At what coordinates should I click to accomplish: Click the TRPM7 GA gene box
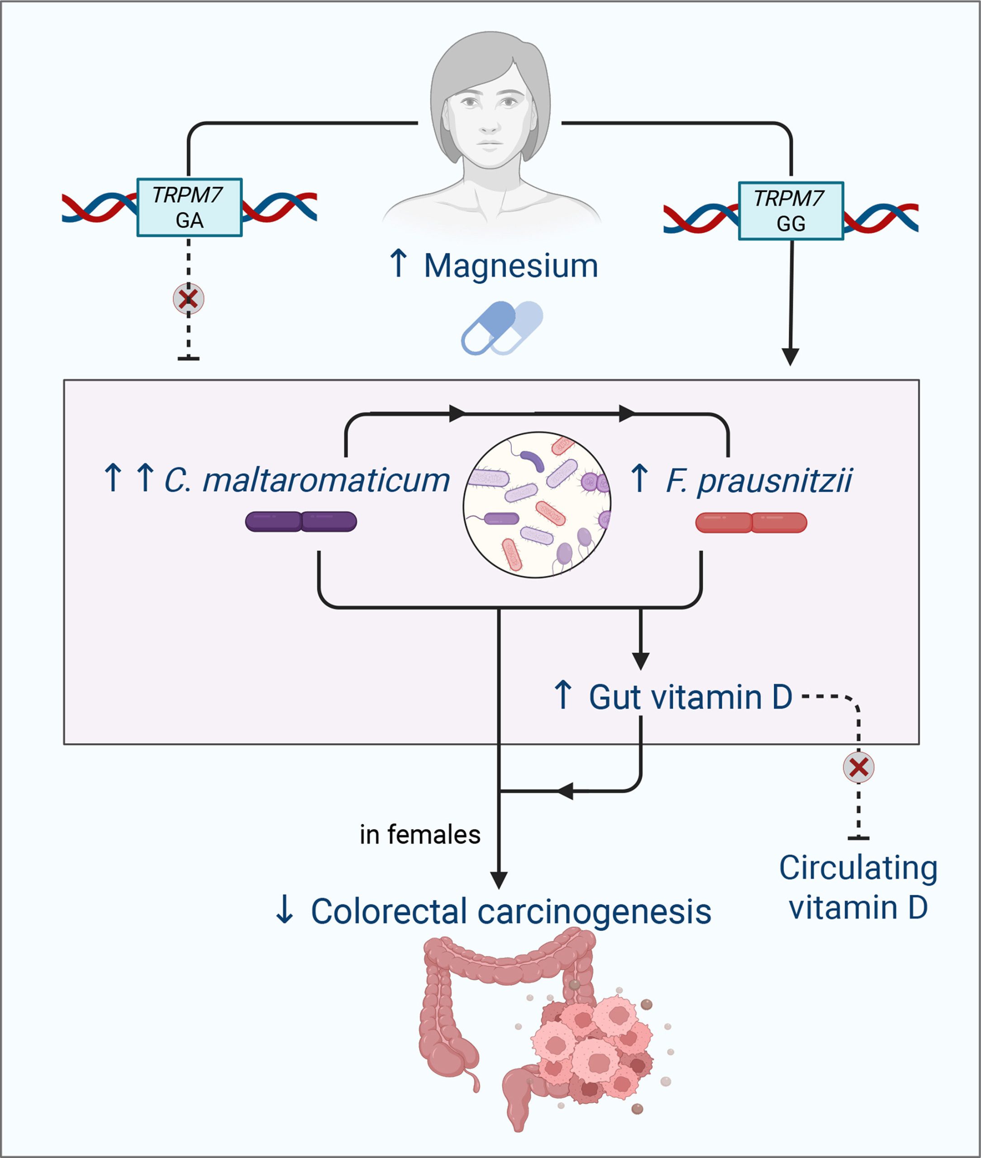[x=189, y=207]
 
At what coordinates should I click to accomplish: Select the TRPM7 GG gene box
[x=790, y=211]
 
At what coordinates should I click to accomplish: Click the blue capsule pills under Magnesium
[x=502, y=328]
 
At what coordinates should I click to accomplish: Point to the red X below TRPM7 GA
[x=189, y=299]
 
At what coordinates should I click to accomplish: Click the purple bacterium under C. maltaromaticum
[x=301, y=522]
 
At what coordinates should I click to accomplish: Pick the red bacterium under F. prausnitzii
[x=751, y=522]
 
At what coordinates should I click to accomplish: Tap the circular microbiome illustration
[x=537, y=505]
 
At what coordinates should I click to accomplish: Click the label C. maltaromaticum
[x=306, y=480]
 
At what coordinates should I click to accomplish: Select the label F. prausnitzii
[x=758, y=480]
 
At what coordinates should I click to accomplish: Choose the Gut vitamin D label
[x=690, y=697]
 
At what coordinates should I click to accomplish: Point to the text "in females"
[x=420, y=835]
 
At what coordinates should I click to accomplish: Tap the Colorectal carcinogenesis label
[x=510, y=912]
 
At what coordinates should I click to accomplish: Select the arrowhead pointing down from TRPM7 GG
[x=790, y=356]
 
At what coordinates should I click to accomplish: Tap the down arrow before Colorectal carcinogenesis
[x=285, y=910]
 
